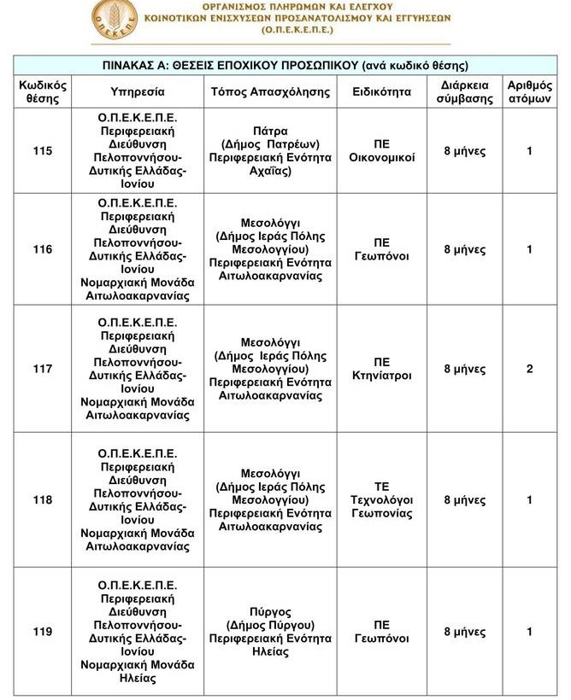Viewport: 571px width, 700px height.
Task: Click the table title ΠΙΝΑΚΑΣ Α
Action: tap(285, 65)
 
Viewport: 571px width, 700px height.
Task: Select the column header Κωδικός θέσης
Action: tap(42, 91)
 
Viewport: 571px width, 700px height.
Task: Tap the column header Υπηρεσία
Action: tap(138, 91)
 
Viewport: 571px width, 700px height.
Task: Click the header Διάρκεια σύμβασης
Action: tap(465, 91)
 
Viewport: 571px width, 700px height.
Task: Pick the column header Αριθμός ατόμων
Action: tap(530, 91)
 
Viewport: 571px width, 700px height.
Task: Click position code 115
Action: tap(42, 151)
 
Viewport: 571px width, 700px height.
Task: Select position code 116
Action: tap(42, 249)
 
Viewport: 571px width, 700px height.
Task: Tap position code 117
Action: tap(42, 369)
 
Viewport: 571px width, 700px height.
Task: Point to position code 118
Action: tap(42, 500)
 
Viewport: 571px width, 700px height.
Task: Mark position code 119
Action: tap(42, 632)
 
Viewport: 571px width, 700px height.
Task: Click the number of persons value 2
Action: tap(530, 369)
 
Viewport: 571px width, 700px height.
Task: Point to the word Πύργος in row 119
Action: tap(270, 612)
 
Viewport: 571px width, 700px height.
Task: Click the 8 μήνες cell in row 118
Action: tap(465, 500)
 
